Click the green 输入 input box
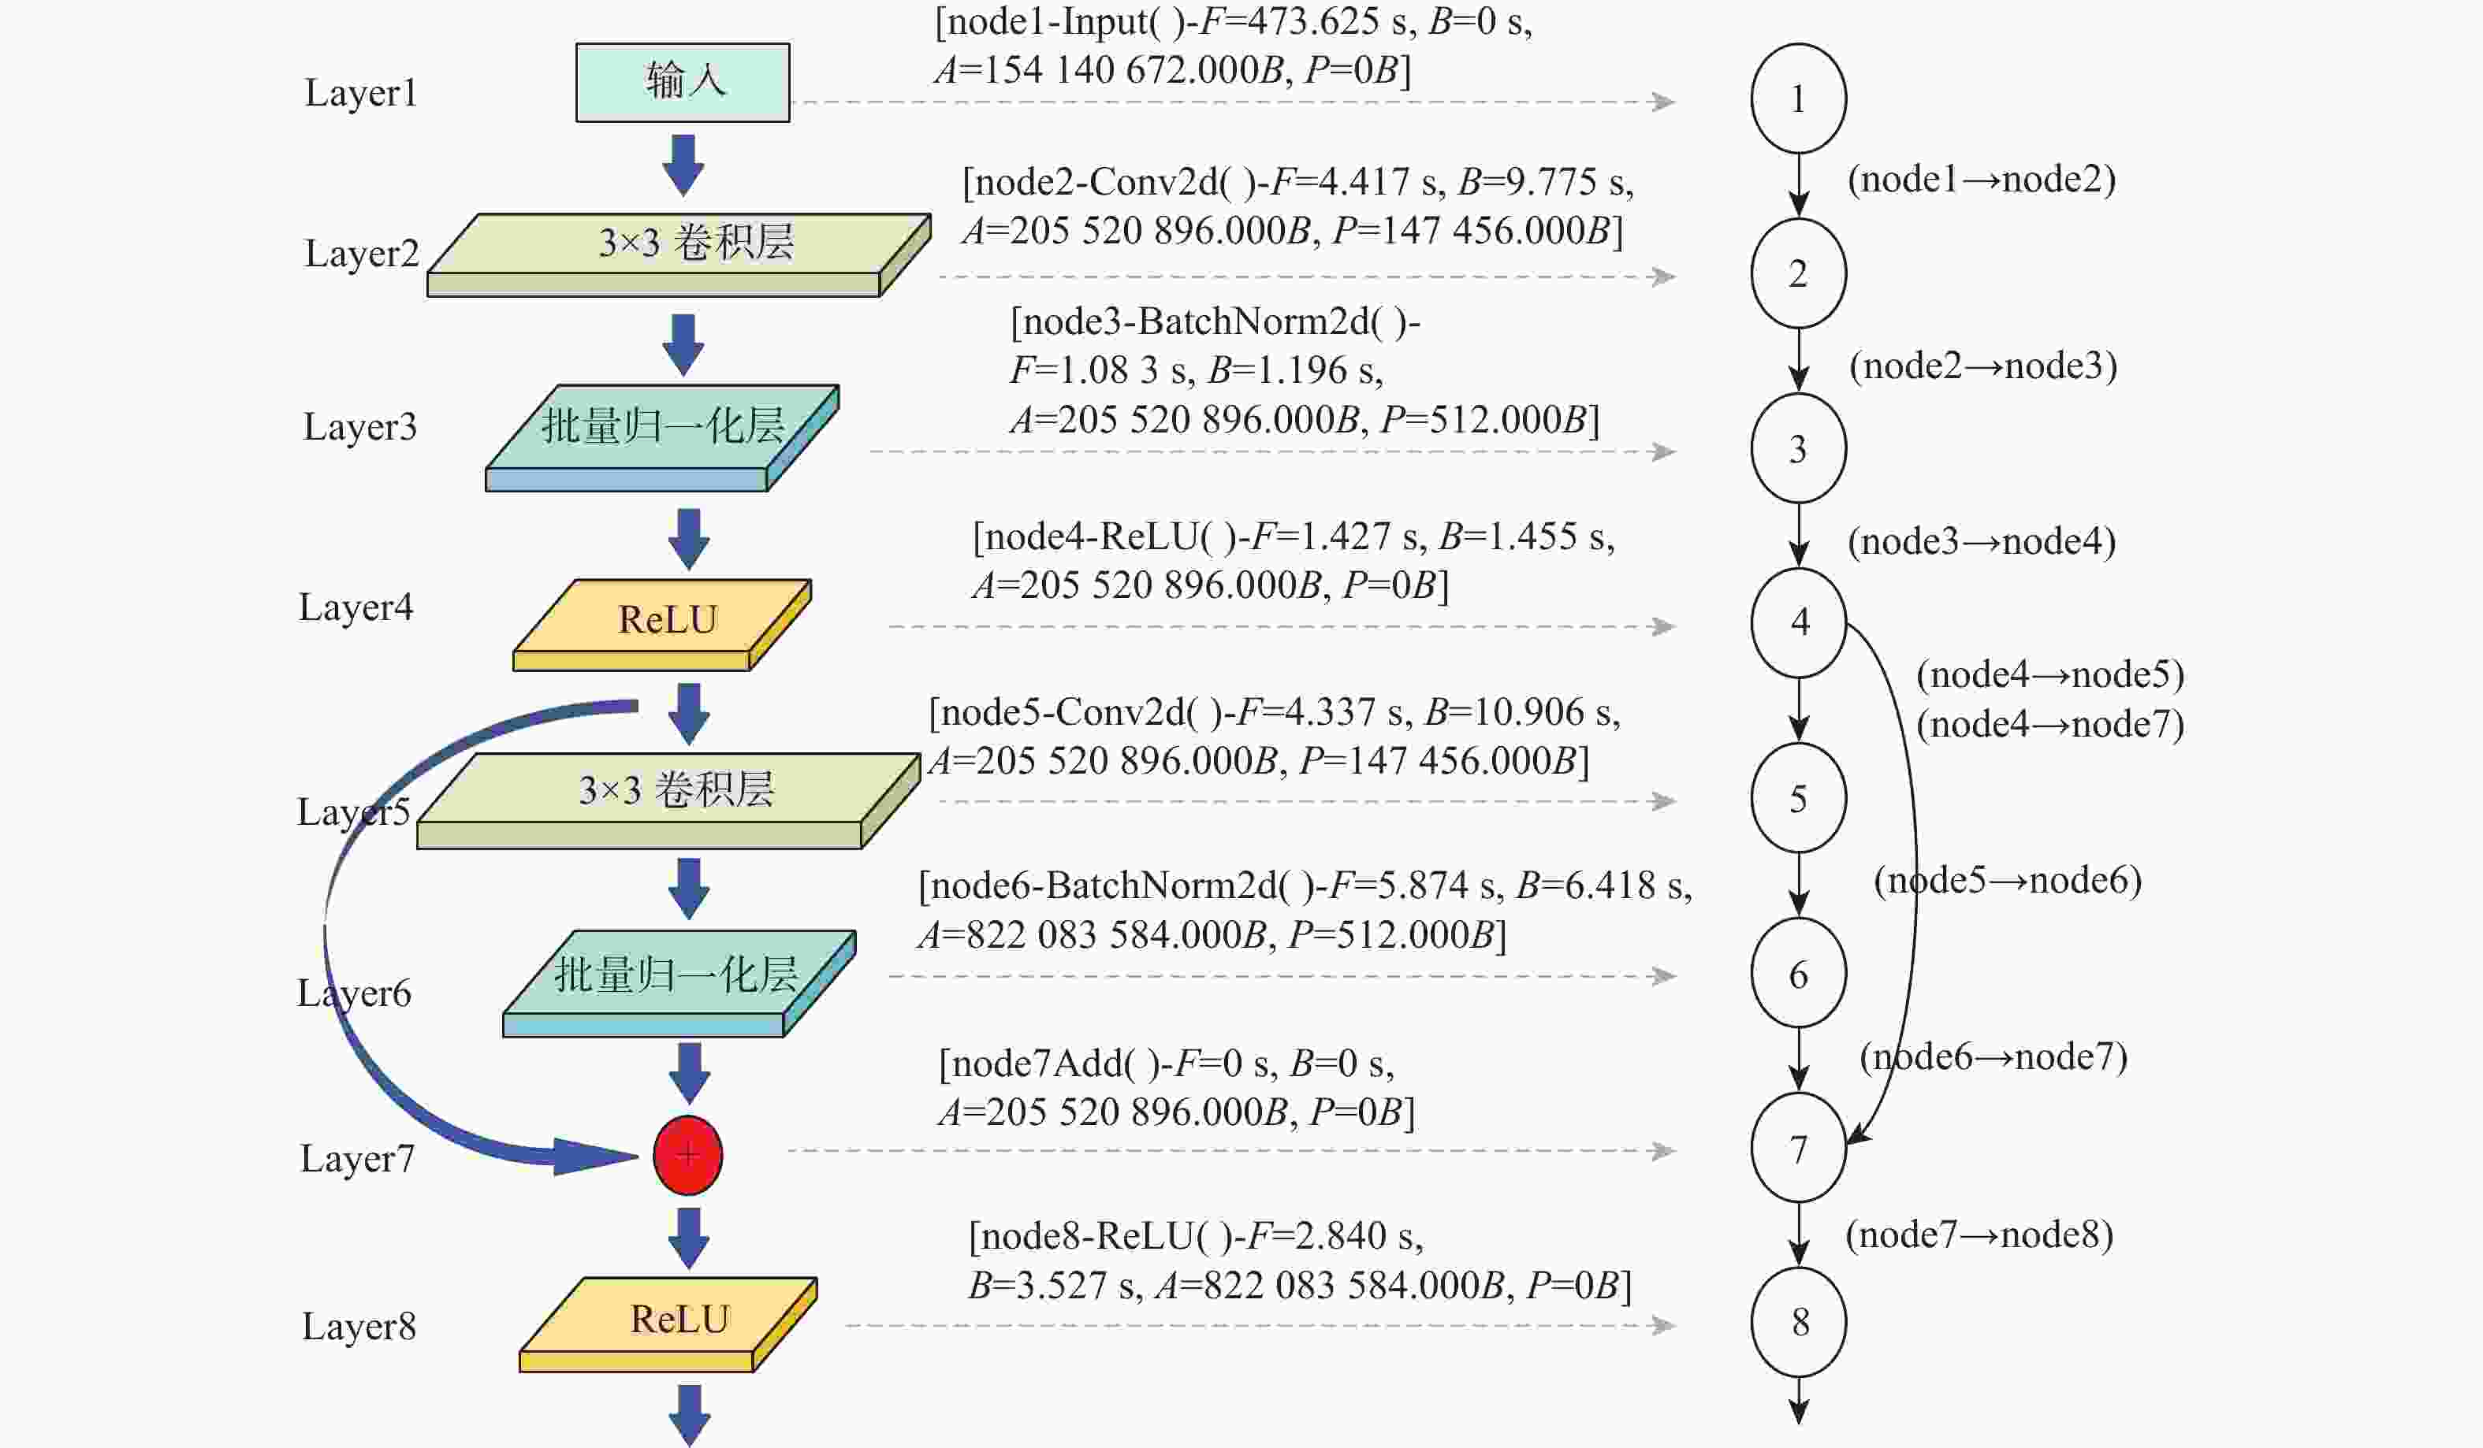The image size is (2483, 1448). pyautogui.click(x=682, y=82)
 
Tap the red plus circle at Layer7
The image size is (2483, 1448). pyautogui.click(x=687, y=1154)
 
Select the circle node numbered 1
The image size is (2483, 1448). pyautogui.click(x=1798, y=98)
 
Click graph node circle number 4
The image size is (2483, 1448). pyautogui.click(x=1798, y=622)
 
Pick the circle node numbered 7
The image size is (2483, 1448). pyautogui.click(x=1798, y=1148)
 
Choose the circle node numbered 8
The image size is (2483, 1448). pyautogui.click(x=1798, y=1322)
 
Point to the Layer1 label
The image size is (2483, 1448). pyautogui.click(x=361, y=94)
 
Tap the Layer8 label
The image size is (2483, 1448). pyautogui.click(x=359, y=1327)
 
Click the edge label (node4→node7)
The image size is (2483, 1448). pyautogui.click(x=2049, y=725)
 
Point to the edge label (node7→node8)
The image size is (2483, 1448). pyautogui.click(x=1979, y=1235)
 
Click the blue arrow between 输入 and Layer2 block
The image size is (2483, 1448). pyautogui.click(x=683, y=165)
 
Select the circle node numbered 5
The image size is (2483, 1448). pyautogui.click(x=1798, y=798)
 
